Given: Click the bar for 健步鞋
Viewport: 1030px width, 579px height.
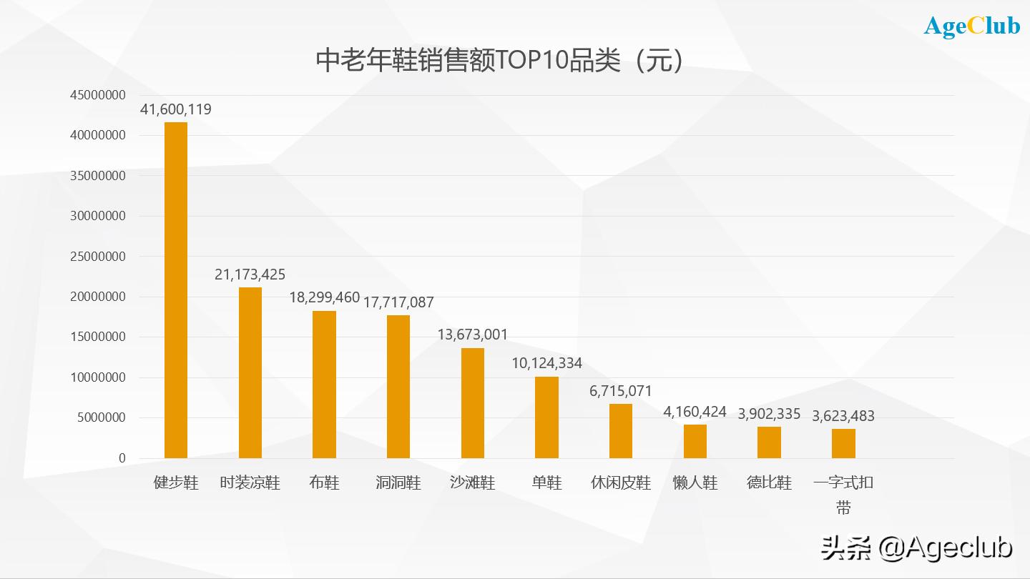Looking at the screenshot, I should coord(176,289).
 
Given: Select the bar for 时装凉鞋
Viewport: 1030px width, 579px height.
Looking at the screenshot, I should coord(250,372).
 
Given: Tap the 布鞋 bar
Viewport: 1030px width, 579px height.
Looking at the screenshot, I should coord(324,384).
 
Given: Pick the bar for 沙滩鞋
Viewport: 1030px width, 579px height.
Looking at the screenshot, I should coord(473,402).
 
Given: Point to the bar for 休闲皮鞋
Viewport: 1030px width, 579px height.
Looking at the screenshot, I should coord(621,430).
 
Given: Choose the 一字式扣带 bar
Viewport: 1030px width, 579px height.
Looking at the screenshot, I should coord(843,443).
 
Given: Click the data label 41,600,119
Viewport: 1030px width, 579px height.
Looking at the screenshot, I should coord(176,109).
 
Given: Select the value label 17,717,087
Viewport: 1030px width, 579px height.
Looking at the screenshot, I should coord(398,302).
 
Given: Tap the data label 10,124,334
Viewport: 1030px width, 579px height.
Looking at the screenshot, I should coord(546,363).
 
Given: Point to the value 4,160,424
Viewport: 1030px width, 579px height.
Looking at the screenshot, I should coord(695,412).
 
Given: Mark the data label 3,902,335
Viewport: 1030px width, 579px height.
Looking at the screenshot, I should coord(769,414).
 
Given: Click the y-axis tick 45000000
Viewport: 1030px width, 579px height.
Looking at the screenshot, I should coord(98,95).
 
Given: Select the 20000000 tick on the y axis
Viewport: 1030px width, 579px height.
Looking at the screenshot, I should coord(98,297).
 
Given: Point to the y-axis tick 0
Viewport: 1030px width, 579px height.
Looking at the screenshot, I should coord(122,458).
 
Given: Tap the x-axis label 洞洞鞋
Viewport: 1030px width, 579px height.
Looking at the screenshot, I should coord(398,482).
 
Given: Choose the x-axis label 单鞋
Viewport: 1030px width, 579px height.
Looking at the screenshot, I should coord(546,482).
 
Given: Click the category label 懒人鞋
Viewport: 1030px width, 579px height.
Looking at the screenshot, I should coord(695,482).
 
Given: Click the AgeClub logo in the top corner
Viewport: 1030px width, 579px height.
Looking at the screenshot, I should coord(972,26).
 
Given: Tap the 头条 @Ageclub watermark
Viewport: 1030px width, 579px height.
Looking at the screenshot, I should coord(917,548).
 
